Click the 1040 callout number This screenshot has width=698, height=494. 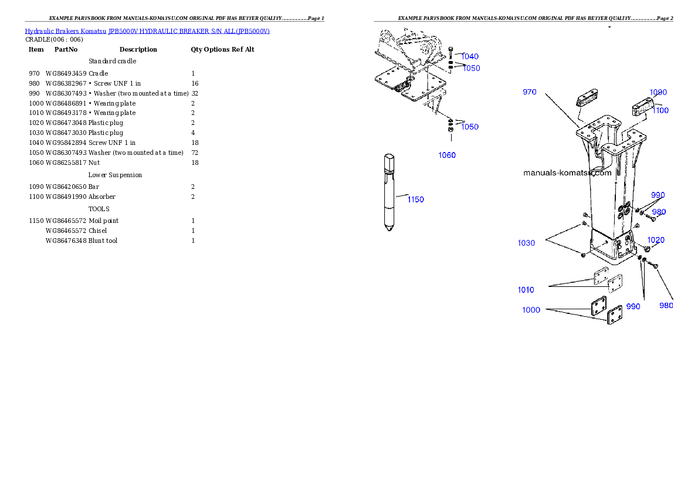(470, 56)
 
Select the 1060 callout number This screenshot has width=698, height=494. (447, 155)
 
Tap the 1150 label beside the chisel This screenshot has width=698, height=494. (415, 199)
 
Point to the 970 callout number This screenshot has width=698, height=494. (530, 92)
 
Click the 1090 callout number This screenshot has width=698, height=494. (658, 92)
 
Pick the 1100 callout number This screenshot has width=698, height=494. (660, 110)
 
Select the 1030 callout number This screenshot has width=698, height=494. (526, 243)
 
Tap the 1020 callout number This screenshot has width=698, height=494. (656, 240)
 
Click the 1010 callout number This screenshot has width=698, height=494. (526, 290)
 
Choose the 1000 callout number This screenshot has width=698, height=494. (531, 310)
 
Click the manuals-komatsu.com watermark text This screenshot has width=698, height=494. (567, 173)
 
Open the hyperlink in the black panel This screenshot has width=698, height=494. (147, 31)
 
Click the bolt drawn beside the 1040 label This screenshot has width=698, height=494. (450, 52)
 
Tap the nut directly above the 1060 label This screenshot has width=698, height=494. (450, 130)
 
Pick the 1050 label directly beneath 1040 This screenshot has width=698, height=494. (471, 68)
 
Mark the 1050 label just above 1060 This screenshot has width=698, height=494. (469, 127)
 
